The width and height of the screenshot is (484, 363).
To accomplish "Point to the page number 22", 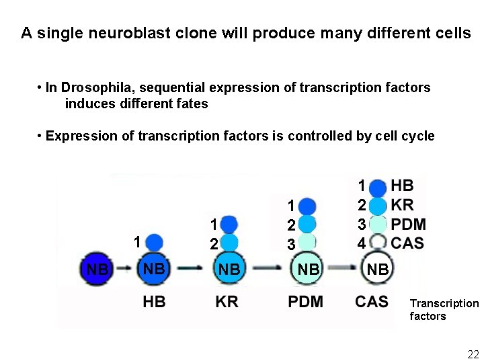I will [x=473, y=354].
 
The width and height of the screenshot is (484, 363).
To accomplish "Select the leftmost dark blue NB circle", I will [x=97, y=269].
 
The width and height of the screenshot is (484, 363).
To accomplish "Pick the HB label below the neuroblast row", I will [x=154, y=302].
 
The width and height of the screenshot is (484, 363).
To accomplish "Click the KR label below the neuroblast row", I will [x=227, y=302].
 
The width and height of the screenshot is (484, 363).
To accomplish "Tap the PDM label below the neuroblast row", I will [x=305, y=302].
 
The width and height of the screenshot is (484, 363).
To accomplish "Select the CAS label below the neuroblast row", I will [x=371, y=302].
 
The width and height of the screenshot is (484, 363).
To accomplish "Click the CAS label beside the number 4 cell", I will [x=407, y=243].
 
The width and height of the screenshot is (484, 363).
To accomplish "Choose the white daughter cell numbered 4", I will [x=379, y=243].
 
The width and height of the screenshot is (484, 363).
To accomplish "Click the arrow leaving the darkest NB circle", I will [x=125, y=269].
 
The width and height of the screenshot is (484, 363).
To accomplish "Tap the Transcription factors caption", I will [x=444, y=310].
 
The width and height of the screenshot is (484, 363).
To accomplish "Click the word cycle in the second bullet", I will [x=417, y=136].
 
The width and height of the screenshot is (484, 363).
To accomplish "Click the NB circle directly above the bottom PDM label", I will [x=309, y=269].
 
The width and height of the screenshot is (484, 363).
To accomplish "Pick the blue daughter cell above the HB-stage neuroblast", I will [x=154, y=242].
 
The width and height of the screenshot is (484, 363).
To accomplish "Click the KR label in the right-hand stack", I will [x=402, y=205].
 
